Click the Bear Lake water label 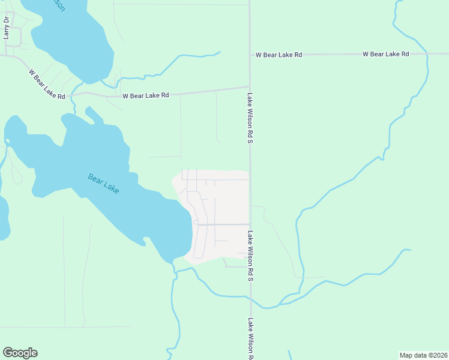[103, 184]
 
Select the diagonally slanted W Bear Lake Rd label [46, 83]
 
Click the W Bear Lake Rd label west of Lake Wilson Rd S [146, 95]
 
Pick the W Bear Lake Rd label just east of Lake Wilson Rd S [279, 55]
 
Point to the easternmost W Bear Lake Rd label [385, 54]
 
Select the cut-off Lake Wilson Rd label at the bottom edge [250, 338]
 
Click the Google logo [20, 353]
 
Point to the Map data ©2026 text [423, 355]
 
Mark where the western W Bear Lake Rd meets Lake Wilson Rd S [250, 87]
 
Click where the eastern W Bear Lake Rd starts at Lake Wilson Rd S [250, 55]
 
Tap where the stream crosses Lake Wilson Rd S [250, 297]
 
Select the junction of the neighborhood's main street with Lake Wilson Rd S [250, 224]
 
